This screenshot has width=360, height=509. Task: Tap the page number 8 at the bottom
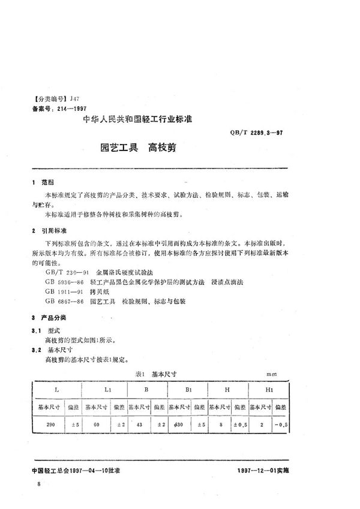pos(40,482)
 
